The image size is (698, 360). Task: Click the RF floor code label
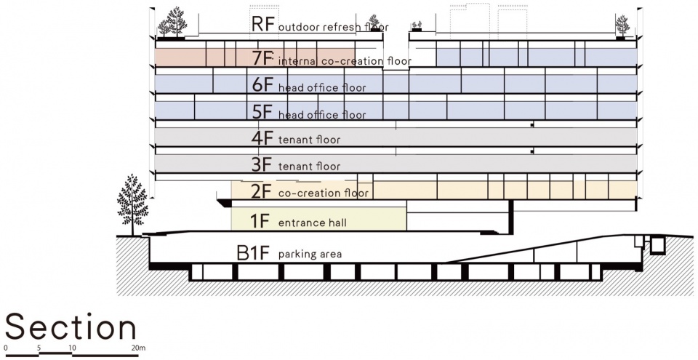point(262,24)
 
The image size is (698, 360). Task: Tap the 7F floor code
point(262,59)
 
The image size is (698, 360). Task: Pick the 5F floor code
point(262,113)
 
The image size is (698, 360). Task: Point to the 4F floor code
point(262,137)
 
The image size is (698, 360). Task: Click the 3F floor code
point(262,164)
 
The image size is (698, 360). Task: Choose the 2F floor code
point(262,192)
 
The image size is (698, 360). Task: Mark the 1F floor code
point(262,219)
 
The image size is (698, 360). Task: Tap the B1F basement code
point(253,253)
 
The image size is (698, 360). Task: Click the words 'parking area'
point(310,255)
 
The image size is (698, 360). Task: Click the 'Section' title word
point(71,328)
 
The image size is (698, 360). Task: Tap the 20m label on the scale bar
point(139,349)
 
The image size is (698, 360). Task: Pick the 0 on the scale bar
point(6,349)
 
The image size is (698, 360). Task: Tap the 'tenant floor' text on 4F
point(309,139)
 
